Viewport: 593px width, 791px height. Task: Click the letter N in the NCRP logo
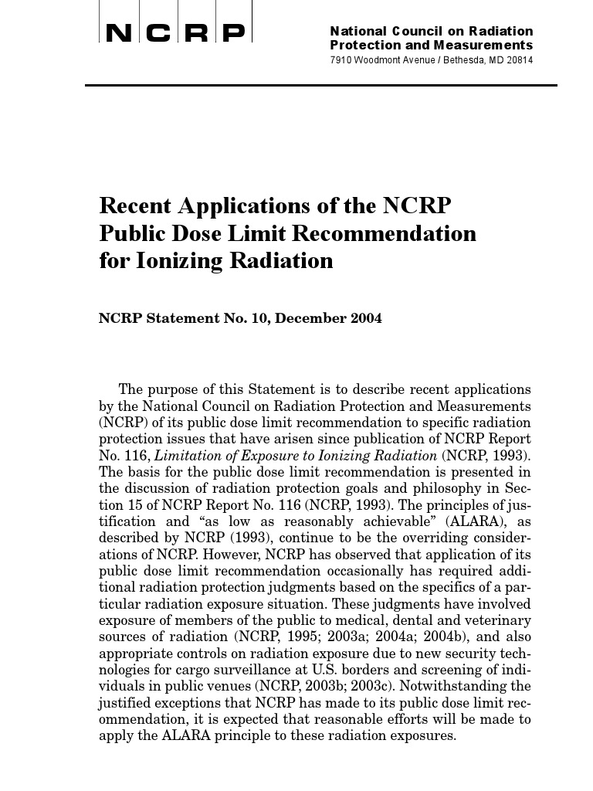coord(118,33)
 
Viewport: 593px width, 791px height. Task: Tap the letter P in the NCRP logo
coord(233,33)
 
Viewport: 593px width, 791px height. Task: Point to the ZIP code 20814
coord(517,60)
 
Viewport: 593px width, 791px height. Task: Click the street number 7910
coord(342,60)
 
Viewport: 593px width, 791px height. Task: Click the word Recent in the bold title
coord(136,206)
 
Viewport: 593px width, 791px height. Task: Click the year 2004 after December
coord(364,318)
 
